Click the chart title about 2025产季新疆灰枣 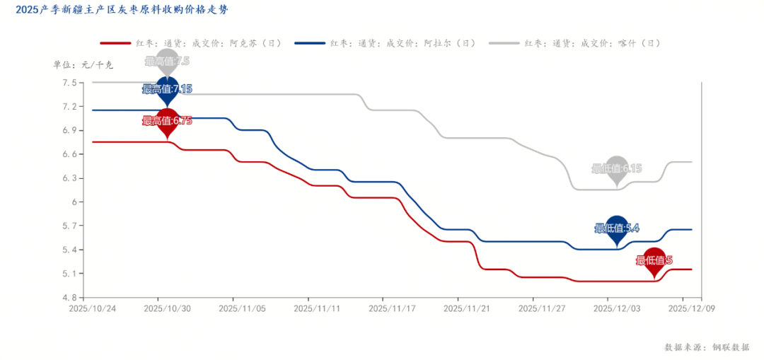tap(122, 10)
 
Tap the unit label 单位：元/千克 tap(83, 64)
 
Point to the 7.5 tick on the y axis tap(69, 83)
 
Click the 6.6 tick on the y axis tap(69, 154)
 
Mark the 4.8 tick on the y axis tap(69, 297)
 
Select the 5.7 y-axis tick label tap(69, 226)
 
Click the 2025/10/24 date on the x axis tap(92, 308)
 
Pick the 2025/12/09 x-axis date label tap(691, 308)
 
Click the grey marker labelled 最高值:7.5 tap(168, 62)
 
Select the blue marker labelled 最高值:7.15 tap(168, 89)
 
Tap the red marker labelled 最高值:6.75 tap(168, 121)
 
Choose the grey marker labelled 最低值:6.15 tap(617, 168)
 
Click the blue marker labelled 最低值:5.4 tap(617, 228)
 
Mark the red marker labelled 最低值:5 tap(654, 260)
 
